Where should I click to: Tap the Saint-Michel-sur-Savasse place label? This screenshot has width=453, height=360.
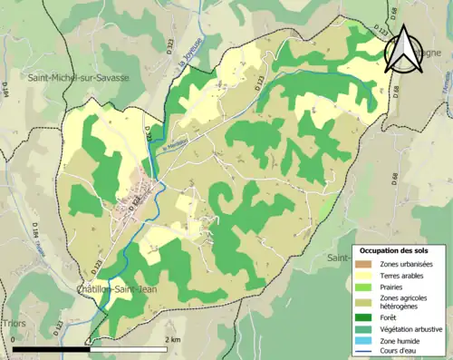click(78, 77)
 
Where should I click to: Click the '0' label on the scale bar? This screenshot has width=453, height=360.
click(14, 339)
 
